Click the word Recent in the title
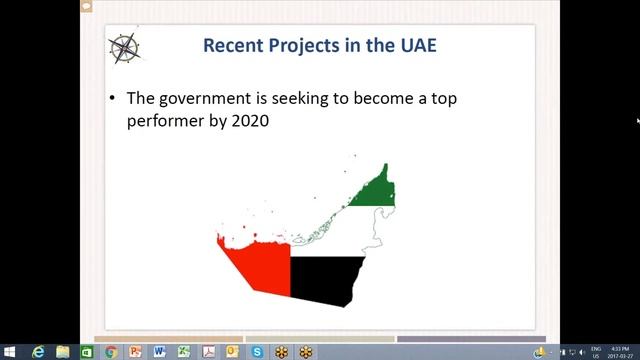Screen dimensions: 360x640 pyautogui.click(x=231, y=45)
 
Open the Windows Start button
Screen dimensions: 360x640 pyautogui.click(x=10, y=352)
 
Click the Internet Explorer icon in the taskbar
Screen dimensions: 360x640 pyautogui.click(x=38, y=352)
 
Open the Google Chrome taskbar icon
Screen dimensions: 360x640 pyautogui.click(x=111, y=352)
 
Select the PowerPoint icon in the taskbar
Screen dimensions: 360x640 pyautogui.click(x=135, y=352)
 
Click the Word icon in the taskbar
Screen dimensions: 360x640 pyautogui.click(x=160, y=352)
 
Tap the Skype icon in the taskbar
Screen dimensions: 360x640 pyautogui.click(x=257, y=352)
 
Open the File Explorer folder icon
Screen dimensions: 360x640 pyautogui.click(x=63, y=352)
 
